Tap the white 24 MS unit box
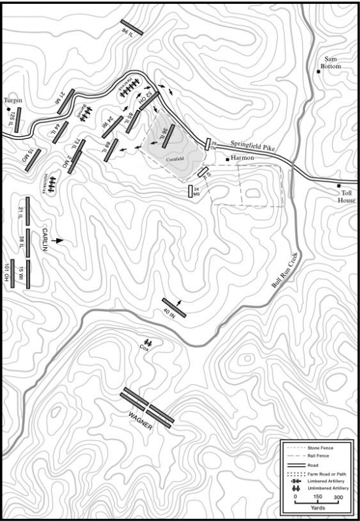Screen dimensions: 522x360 (190, 191)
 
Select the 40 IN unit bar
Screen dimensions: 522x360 (174, 308)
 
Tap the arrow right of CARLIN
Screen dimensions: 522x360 (60, 241)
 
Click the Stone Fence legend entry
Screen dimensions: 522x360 (321, 448)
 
